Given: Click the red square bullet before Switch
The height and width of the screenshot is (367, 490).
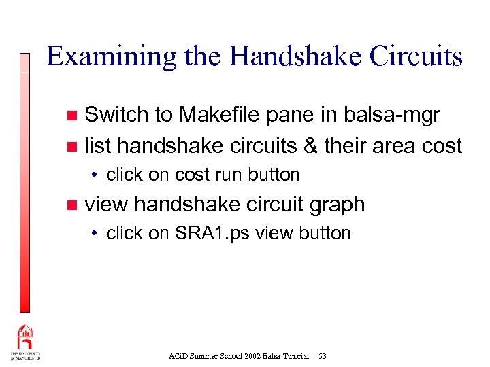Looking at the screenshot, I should tap(73, 116).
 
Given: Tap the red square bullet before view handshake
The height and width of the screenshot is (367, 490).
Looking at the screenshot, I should tap(73, 205).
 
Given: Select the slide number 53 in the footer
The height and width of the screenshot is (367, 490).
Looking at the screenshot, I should tap(321, 356).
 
